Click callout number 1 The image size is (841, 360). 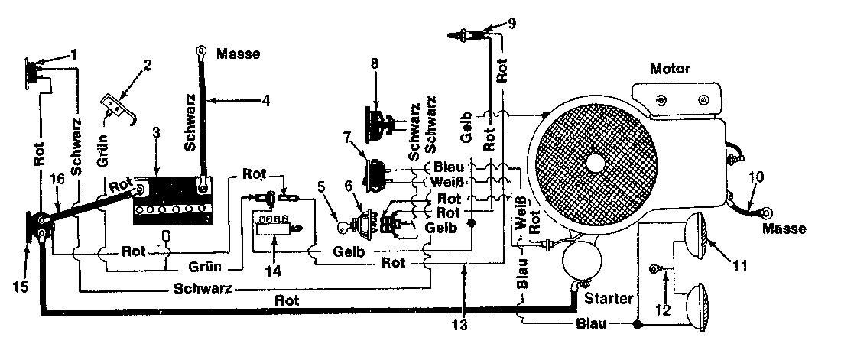click(75, 54)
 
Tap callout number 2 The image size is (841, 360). click(147, 66)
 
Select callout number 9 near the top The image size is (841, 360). click(511, 24)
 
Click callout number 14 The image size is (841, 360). click(273, 270)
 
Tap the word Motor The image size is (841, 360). click(670, 69)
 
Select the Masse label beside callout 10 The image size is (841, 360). click(784, 229)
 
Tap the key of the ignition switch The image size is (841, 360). click(342, 228)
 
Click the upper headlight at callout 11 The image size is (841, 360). click(697, 235)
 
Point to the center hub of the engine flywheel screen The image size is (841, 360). click(596, 163)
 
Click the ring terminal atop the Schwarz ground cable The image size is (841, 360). click(202, 51)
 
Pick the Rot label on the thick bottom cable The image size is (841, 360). click(287, 300)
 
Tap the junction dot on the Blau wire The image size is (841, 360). click(638, 325)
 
